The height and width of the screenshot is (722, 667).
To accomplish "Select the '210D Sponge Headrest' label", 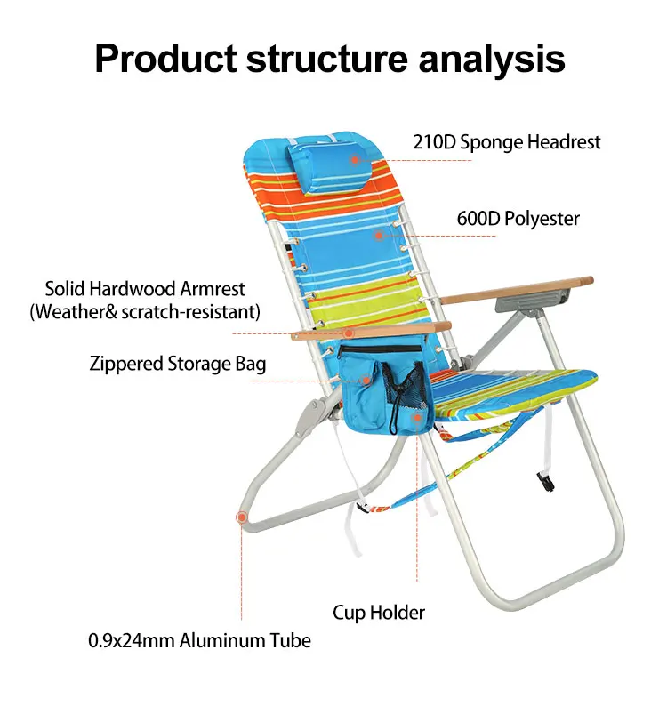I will (506, 142).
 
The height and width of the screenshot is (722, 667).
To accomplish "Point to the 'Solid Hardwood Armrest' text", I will (145, 289).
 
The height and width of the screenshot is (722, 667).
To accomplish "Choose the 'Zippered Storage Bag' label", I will (177, 364).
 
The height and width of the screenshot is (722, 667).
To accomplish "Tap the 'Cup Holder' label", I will (379, 612).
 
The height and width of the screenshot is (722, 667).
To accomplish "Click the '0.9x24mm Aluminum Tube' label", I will (199, 639).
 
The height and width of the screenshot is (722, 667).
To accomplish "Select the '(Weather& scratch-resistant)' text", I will (145, 311).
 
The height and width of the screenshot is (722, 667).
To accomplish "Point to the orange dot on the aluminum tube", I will (241, 517).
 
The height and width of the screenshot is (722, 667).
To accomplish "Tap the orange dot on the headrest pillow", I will (354, 161).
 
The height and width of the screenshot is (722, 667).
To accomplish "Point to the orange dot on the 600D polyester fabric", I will (379, 236).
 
